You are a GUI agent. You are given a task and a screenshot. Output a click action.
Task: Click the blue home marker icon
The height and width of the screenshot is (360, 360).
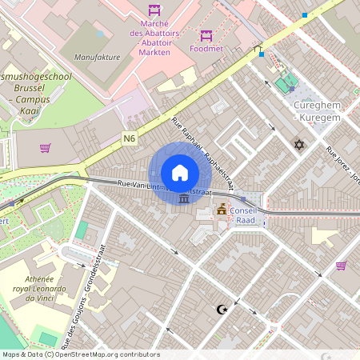click(180, 172)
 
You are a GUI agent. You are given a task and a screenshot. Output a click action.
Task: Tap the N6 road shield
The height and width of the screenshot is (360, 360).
click(130, 138)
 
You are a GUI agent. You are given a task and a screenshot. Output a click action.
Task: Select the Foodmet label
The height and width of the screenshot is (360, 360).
click(206, 48)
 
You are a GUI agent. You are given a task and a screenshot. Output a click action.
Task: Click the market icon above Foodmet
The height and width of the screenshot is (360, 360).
click(206, 35)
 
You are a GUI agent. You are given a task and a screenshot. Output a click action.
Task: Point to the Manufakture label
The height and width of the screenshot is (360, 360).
click(96, 58)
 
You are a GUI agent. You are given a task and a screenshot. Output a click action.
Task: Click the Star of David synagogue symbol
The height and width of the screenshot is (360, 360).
click(300, 145)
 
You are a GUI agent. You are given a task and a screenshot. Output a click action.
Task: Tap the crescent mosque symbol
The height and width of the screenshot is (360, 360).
click(222, 309)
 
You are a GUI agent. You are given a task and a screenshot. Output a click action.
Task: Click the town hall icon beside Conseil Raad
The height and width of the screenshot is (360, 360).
click(222, 210)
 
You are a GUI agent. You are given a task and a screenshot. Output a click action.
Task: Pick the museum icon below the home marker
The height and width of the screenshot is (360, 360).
click(185, 198)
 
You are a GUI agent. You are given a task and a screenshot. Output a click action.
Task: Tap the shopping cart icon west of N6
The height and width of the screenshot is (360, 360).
click(45, 147)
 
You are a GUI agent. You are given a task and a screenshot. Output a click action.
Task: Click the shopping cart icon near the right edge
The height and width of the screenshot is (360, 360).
click(342, 266)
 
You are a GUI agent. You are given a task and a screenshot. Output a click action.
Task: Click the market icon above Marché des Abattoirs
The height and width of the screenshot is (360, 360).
click(154, 11)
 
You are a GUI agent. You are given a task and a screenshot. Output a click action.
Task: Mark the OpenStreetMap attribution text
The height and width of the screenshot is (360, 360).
click(81, 354)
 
